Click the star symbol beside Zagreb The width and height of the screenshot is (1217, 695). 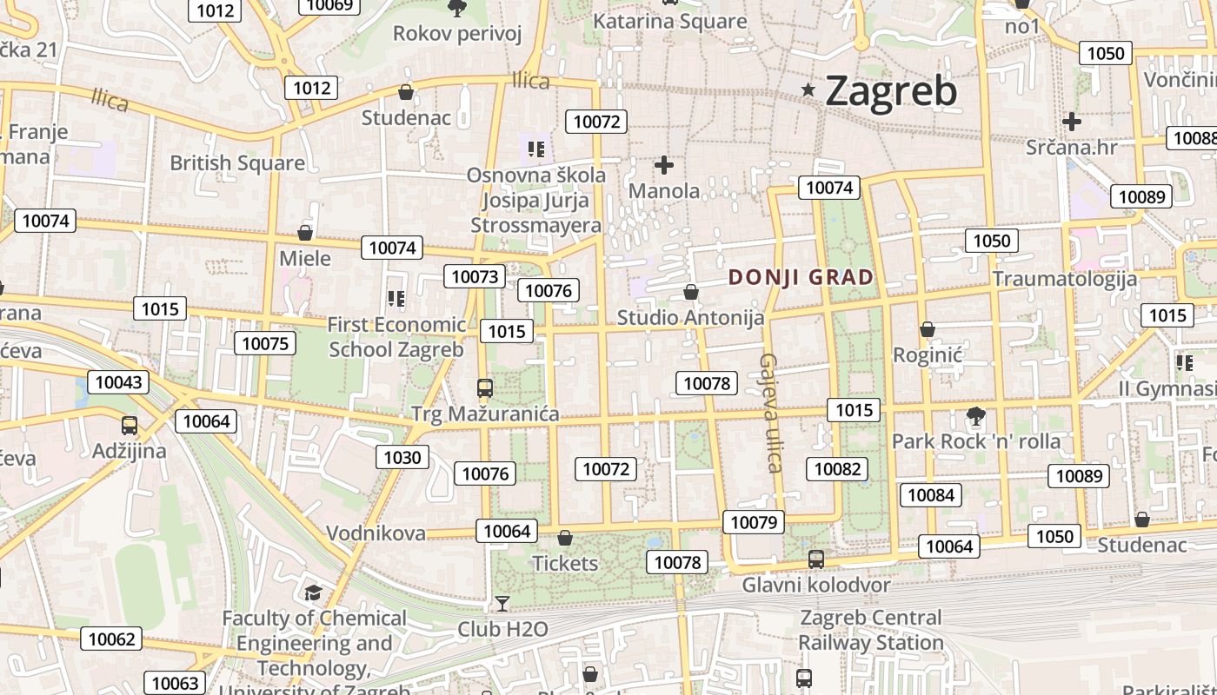point(808,89)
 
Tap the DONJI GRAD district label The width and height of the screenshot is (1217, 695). point(801,278)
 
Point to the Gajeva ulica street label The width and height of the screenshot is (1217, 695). point(770,413)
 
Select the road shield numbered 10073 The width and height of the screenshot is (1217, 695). point(474,276)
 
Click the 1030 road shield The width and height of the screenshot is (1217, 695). point(402,457)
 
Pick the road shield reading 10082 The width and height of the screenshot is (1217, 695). point(837,469)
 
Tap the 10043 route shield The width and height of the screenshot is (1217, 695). point(117,381)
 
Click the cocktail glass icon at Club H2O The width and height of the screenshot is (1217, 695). point(502,602)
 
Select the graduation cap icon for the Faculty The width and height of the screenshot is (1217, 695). point(313,592)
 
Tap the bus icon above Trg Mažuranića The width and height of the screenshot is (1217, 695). point(485,387)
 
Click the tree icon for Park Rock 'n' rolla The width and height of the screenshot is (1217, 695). point(976,415)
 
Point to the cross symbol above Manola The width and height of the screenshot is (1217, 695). point(664,164)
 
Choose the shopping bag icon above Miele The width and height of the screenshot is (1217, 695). point(305,233)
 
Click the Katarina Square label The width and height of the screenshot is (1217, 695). point(669,21)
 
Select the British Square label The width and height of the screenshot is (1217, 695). point(237,162)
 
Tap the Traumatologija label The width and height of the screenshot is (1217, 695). point(1065,279)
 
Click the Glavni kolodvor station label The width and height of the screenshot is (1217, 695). point(815,585)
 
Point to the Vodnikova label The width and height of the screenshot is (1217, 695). point(376,533)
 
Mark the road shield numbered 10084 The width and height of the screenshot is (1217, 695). point(930,495)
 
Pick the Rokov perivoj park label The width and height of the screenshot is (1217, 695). point(457,33)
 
